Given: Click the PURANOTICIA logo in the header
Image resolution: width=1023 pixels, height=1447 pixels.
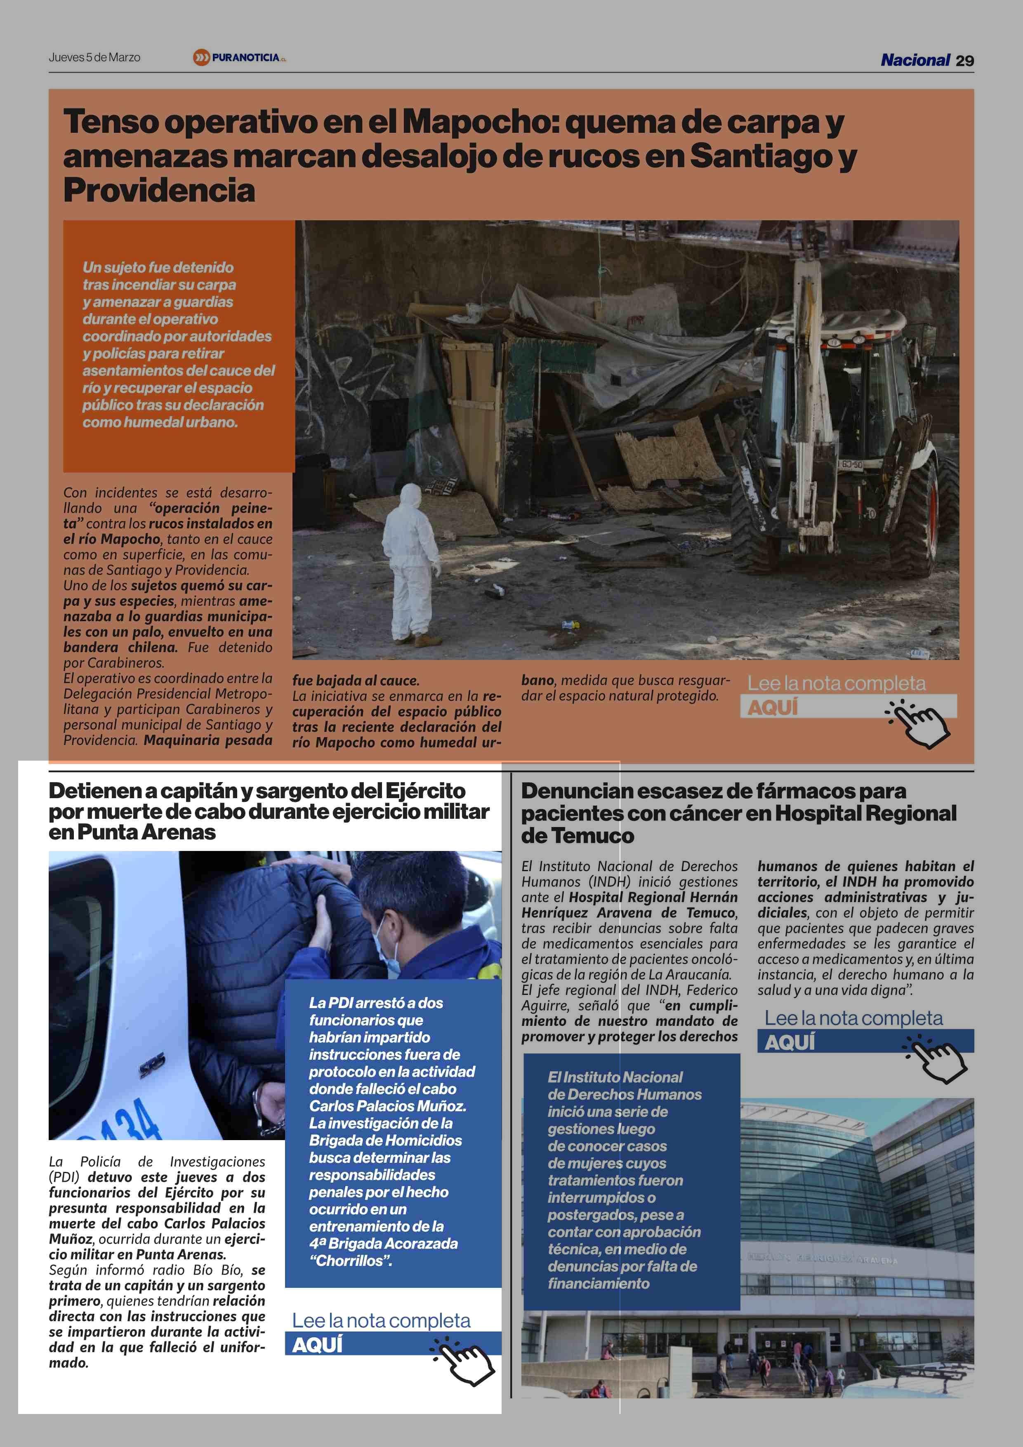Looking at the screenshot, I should [240, 57].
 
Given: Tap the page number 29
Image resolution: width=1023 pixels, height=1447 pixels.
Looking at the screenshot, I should [964, 61].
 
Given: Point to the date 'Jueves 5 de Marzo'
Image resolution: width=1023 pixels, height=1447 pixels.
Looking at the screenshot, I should [94, 57].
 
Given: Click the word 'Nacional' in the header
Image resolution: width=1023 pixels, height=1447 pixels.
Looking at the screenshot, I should [915, 61].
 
